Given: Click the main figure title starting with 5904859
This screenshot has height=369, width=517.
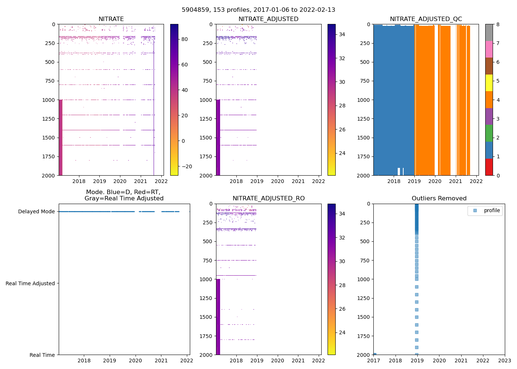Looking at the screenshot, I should point(258,10).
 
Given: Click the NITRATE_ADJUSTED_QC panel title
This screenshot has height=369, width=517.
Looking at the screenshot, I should point(426,19).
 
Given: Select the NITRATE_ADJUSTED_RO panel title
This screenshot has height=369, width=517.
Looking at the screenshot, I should point(268,199).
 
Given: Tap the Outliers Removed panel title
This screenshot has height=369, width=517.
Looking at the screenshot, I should point(439,199).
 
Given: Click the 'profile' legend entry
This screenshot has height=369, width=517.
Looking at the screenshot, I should point(492,210).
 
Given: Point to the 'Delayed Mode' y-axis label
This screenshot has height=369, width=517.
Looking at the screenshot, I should point(36,211).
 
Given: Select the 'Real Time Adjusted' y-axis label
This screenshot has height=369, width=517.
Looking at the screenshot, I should point(30,283).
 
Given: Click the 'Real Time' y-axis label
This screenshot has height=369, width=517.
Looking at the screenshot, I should point(42,355).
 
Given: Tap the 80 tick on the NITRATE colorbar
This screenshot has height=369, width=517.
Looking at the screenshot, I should point(185,39).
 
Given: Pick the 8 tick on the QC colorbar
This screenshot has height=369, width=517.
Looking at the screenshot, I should point(498,24).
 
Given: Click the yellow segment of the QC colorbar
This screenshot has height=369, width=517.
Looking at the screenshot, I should point(489,83).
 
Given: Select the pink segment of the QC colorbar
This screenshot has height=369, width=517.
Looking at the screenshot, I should point(489,49).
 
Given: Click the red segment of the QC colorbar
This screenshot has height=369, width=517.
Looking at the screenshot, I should point(489,167).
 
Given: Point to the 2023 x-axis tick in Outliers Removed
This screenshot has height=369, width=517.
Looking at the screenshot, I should point(504,361).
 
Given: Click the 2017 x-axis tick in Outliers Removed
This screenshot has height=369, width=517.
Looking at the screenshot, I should point(374,361).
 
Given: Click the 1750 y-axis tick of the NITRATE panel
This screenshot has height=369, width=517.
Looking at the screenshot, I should point(49,156).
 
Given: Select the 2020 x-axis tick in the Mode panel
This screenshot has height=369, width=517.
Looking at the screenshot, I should point(135,361).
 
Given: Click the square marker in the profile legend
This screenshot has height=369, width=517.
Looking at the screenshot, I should point(475,210).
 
